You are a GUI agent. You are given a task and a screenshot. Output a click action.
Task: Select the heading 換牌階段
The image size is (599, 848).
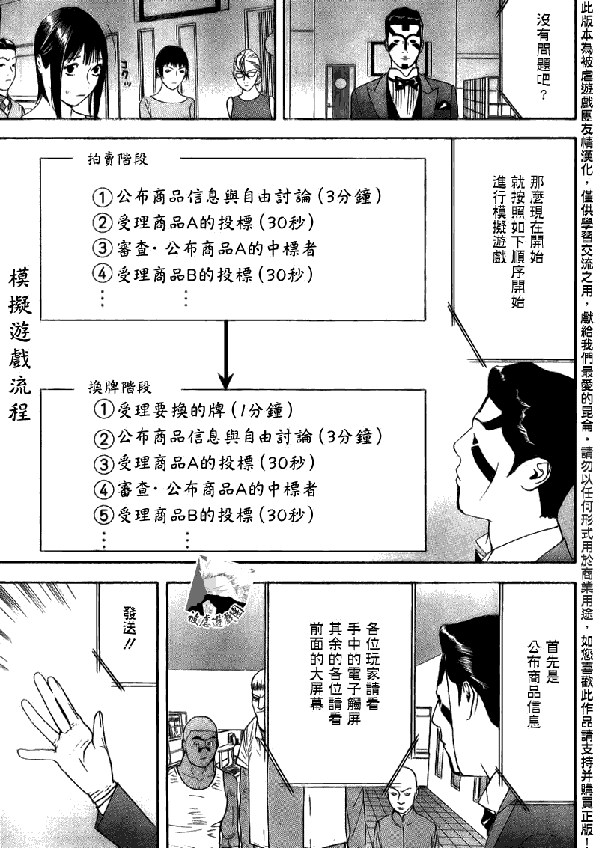(x=119, y=387)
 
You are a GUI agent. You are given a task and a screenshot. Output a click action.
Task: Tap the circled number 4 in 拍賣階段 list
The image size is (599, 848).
(x=103, y=275)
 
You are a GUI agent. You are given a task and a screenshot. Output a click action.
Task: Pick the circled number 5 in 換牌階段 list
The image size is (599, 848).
(x=103, y=515)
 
